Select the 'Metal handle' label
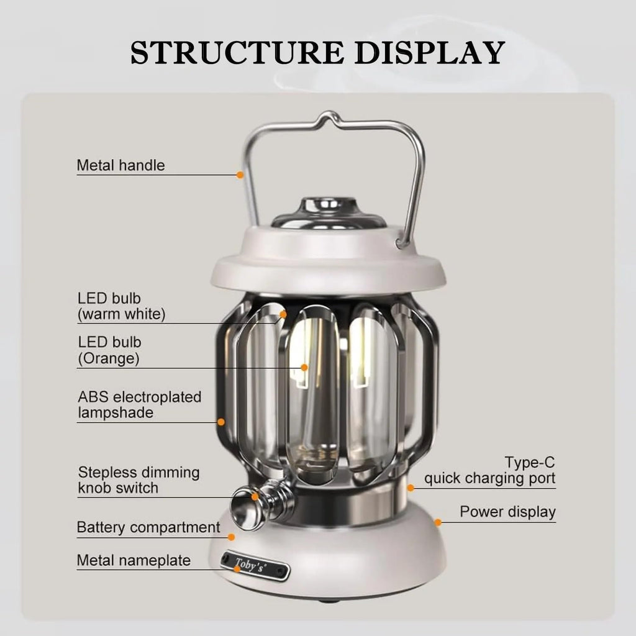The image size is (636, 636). (120, 166)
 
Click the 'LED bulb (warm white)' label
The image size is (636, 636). (122, 306)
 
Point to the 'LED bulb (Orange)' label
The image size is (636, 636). (110, 350)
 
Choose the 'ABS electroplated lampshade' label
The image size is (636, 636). (139, 404)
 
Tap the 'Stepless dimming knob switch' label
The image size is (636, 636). (139, 480)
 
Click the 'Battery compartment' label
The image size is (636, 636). (148, 528)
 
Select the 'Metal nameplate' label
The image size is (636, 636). (134, 560)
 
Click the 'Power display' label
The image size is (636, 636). (507, 512)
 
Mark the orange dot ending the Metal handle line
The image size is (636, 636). (240, 175)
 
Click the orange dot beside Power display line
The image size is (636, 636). (438, 522)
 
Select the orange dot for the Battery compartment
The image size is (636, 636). (231, 537)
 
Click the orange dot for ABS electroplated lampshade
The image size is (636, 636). (221, 422)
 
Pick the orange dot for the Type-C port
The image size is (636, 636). (410, 487)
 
